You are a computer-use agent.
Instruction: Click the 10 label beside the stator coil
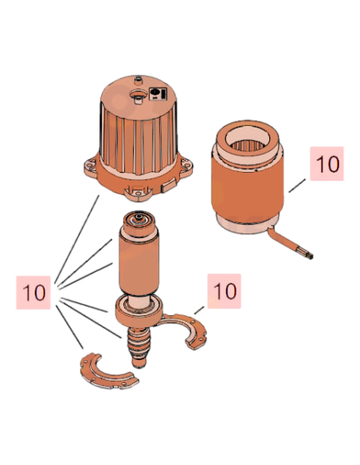point(327,163)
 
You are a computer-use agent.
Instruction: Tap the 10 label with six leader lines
point(33,293)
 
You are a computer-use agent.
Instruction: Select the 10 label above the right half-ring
point(224,291)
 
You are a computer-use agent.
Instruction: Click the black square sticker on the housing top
point(158,94)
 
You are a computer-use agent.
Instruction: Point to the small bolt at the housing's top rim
point(137,80)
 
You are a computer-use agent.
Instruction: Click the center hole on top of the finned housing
point(139,95)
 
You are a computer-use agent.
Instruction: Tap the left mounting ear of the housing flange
point(90,165)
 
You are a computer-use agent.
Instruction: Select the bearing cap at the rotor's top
point(139,222)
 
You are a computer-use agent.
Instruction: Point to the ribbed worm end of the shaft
point(139,347)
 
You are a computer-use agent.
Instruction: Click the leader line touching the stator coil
point(297,186)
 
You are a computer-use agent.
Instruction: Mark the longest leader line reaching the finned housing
point(77,239)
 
